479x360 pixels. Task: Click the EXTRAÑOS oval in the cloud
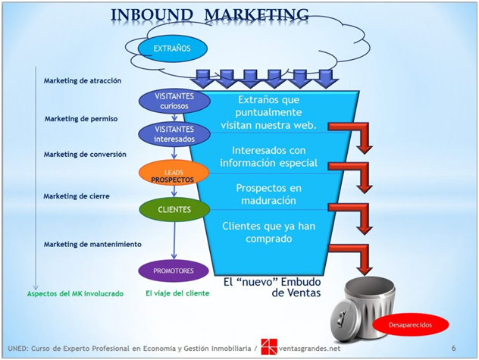click(172, 49)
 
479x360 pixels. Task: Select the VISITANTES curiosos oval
click(174, 101)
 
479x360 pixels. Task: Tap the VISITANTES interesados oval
click(174, 134)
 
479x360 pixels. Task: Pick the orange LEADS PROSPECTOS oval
click(174, 173)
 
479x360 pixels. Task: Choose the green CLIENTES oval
click(174, 210)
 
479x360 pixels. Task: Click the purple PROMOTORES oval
click(174, 271)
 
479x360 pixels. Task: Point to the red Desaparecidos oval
click(410, 324)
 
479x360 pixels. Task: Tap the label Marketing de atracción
click(83, 80)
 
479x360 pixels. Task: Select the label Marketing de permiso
click(81, 119)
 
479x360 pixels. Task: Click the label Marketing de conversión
click(85, 155)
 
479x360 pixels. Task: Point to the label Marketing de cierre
click(77, 196)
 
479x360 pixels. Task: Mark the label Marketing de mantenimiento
click(92, 244)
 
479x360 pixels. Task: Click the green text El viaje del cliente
click(177, 293)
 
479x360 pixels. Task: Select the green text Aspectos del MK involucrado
click(75, 294)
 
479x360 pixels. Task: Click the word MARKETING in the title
click(256, 14)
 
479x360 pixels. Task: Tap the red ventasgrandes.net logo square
click(269, 347)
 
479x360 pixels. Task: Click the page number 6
click(454, 348)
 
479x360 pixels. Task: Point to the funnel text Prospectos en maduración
click(269, 194)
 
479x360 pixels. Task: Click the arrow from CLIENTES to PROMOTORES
click(174, 241)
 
